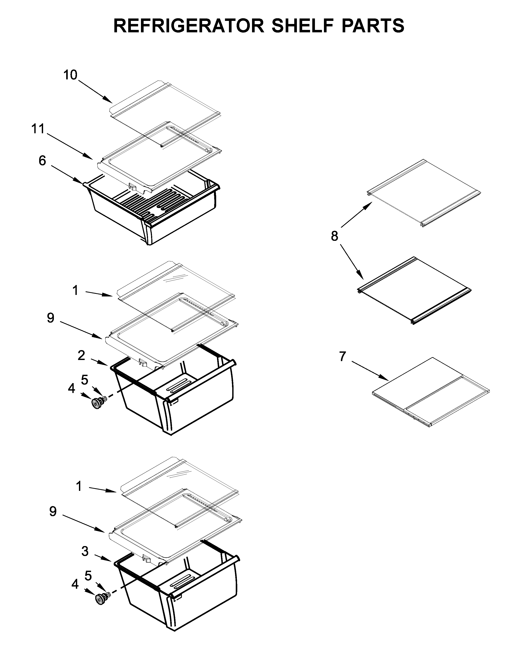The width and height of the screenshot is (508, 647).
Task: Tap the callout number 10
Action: tap(70, 75)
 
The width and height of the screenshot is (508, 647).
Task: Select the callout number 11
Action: tap(38, 129)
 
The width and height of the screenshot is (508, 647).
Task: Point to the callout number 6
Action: tap(42, 161)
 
